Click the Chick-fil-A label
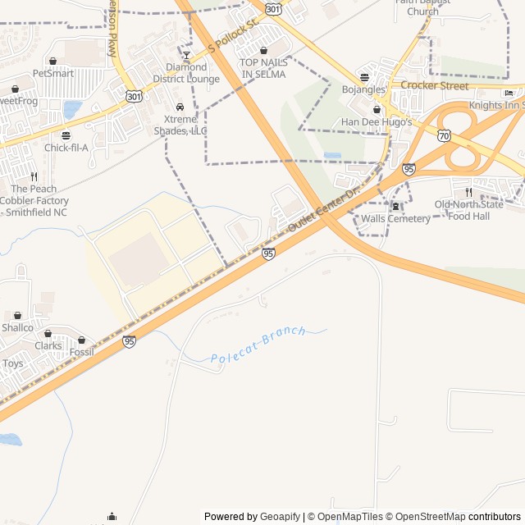(66, 148)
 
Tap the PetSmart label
(53, 73)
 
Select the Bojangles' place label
(364, 89)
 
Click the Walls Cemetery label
(396, 219)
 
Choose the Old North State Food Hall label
(468, 210)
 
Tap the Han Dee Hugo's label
(377, 122)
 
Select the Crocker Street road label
(435, 85)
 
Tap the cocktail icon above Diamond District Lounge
(187, 55)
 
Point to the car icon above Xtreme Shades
(180, 107)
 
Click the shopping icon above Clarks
(48, 334)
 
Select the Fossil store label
(81, 352)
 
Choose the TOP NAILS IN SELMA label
(263, 68)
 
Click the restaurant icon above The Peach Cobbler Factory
(34, 176)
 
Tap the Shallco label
(17, 327)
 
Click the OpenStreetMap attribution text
(425, 517)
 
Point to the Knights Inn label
(496, 105)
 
